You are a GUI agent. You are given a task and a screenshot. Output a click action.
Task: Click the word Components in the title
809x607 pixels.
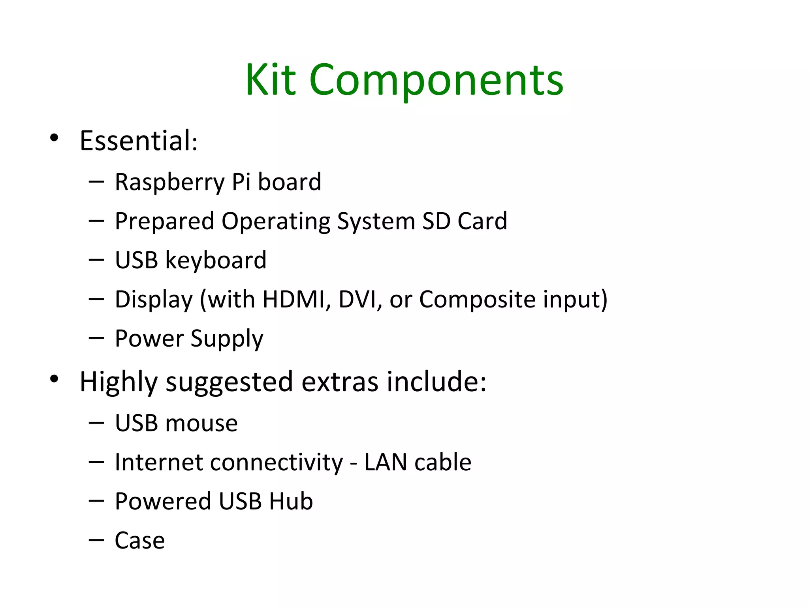click(x=436, y=81)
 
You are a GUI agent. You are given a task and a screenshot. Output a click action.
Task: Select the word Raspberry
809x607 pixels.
click(x=169, y=182)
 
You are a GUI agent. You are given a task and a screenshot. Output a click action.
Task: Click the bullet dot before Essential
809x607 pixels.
click(x=54, y=138)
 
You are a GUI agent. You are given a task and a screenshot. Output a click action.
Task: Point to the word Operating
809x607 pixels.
click(x=275, y=221)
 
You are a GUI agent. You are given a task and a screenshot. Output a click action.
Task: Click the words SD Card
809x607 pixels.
click(x=465, y=221)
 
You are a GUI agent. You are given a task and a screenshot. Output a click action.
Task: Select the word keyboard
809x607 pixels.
click(x=216, y=260)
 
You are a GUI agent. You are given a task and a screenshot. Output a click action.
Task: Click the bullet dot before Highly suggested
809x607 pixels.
click(x=54, y=379)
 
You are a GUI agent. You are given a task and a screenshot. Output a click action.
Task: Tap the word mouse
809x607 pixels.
click(x=201, y=423)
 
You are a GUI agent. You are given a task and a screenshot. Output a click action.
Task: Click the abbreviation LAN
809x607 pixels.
click(x=385, y=462)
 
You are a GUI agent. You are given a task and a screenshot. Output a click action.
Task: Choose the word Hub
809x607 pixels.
click(x=291, y=501)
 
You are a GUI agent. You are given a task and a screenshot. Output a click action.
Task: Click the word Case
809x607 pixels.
click(x=139, y=541)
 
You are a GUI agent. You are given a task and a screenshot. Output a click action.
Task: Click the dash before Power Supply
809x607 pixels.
click(x=96, y=338)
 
